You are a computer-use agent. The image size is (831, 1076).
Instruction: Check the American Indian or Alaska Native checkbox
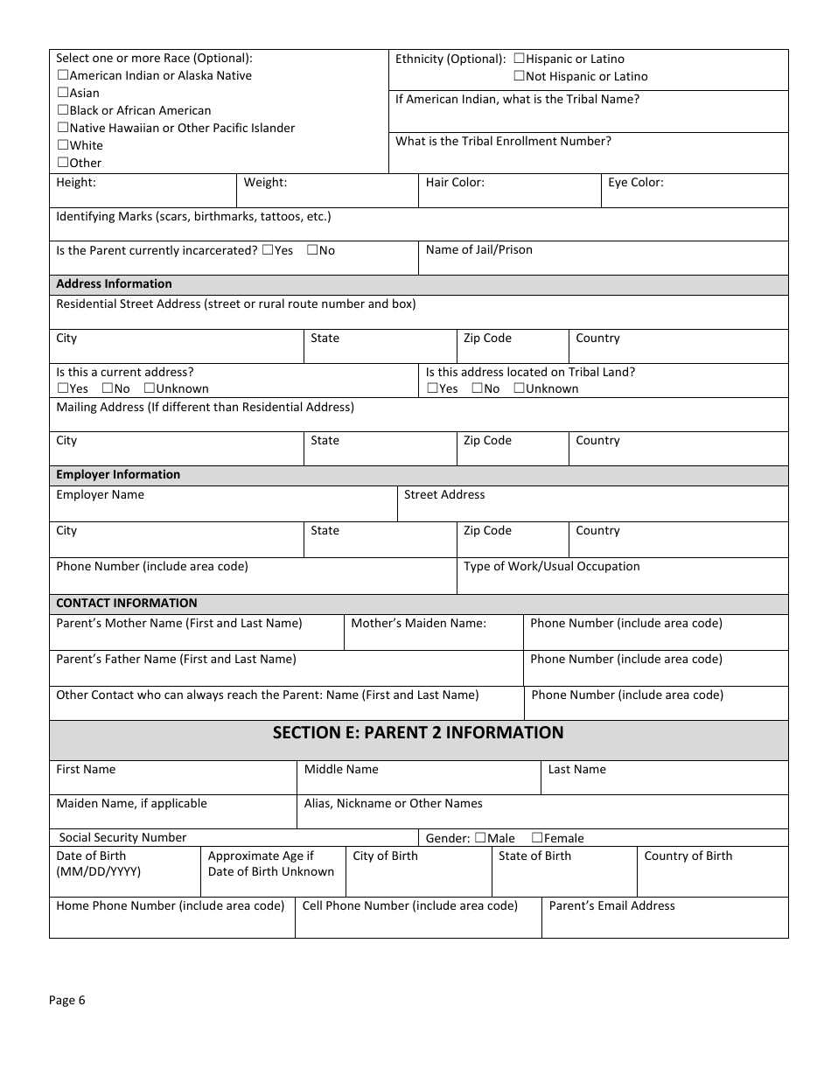(x=63, y=75)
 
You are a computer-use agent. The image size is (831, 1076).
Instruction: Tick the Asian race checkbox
(x=63, y=93)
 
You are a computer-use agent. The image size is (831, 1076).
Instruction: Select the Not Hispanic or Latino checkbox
(x=519, y=76)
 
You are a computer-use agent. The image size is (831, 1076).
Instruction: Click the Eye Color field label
(x=636, y=183)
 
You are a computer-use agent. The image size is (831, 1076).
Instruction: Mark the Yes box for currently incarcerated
(x=267, y=250)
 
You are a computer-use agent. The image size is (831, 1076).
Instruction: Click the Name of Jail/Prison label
(x=478, y=250)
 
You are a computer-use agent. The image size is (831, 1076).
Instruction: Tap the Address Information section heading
(x=114, y=284)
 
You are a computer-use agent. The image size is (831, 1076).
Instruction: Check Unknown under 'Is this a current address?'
(x=149, y=388)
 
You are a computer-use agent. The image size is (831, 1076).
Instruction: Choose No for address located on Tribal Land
(x=477, y=388)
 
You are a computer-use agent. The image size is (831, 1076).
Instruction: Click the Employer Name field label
(x=100, y=495)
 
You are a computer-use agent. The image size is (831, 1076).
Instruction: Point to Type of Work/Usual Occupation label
(x=551, y=567)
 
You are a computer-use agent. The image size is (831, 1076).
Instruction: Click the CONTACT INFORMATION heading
(x=126, y=604)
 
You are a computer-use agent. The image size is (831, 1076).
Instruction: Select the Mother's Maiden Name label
(x=418, y=624)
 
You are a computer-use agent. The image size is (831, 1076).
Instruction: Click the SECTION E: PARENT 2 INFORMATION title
(x=418, y=733)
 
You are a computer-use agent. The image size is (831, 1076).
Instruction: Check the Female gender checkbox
(x=537, y=838)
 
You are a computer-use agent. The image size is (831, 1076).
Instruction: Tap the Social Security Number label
(x=122, y=838)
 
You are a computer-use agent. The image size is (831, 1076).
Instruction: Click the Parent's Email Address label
(x=611, y=906)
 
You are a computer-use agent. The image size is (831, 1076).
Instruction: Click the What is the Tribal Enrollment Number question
(x=503, y=142)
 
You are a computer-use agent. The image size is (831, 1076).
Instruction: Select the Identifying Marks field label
(x=193, y=217)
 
